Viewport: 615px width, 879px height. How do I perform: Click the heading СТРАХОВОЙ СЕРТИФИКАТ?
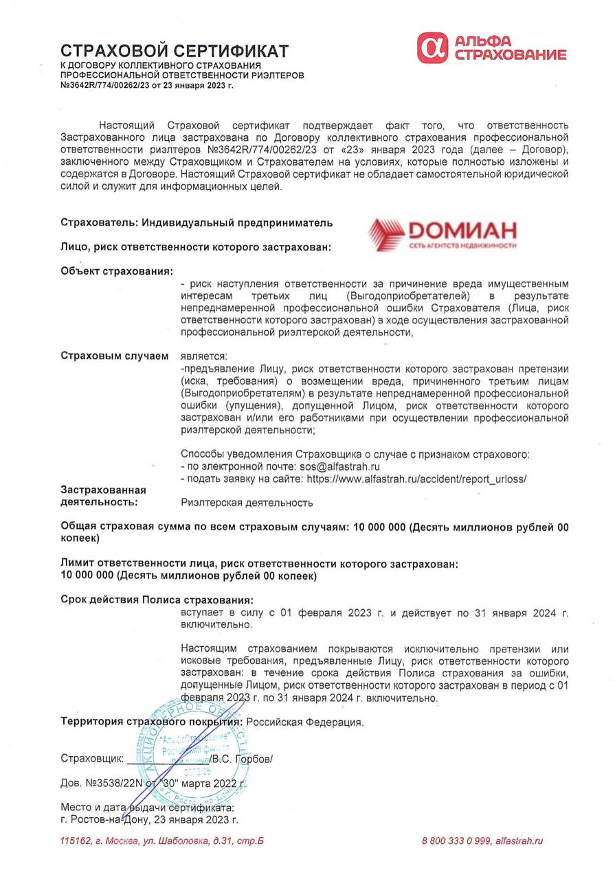175,50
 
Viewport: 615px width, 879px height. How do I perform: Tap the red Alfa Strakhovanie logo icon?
432,47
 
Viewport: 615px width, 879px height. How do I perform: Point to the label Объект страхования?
117,271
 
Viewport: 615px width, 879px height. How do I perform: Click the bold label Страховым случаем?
114,356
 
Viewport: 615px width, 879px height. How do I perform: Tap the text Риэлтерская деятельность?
247,503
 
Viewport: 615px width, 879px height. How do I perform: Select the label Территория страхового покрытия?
151,722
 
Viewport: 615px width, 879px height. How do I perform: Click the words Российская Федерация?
304,722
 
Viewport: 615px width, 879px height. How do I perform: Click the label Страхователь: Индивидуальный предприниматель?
197,222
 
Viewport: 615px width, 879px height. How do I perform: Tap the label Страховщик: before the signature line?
92,759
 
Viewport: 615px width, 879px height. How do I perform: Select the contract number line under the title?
147,85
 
